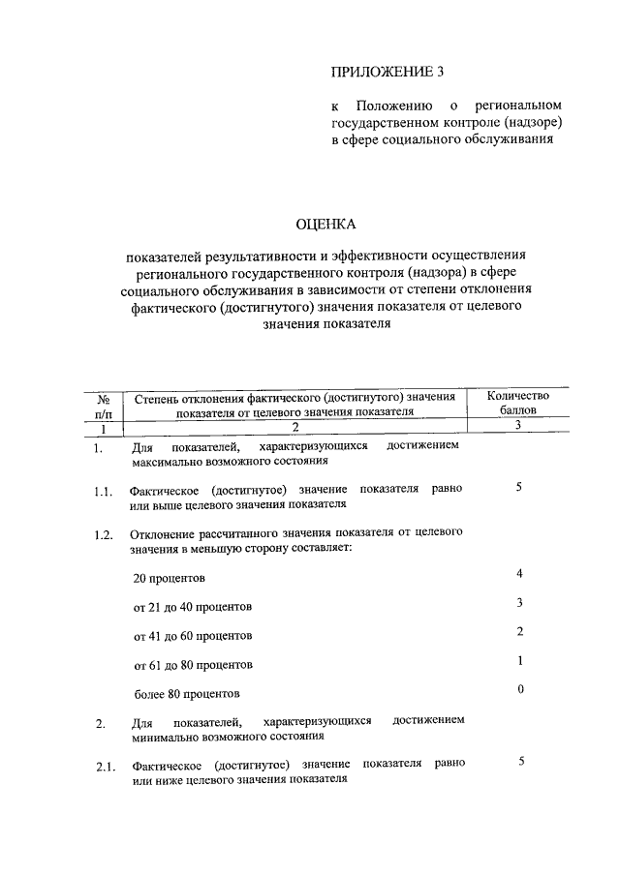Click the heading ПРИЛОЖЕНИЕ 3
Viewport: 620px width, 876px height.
[379, 72]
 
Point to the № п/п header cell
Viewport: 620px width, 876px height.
[103, 405]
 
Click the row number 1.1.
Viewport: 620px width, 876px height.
[104, 494]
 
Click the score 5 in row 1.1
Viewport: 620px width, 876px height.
[519, 487]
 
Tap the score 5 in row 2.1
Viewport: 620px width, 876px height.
[520, 762]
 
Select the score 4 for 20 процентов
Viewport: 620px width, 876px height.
[520, 574]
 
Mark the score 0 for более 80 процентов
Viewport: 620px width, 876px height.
[520, 689]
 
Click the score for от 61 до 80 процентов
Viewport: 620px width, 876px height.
[520, 660]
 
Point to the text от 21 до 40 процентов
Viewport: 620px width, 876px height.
[193, 607]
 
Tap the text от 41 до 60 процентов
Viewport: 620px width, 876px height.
[193, 636]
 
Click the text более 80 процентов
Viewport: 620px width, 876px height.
[186, 694]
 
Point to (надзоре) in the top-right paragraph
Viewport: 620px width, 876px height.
[535, 122]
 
